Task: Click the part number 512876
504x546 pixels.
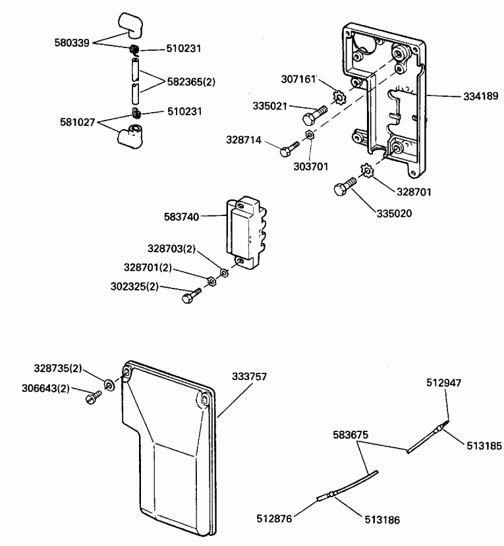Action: (273, 518)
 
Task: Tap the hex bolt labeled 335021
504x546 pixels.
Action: (311, 117)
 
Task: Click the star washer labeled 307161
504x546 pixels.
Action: (339, 98)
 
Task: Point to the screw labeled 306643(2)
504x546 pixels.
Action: (93, 396)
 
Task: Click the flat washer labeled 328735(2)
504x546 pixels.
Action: (108, 384)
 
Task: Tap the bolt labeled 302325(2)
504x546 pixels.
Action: (189, 297)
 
